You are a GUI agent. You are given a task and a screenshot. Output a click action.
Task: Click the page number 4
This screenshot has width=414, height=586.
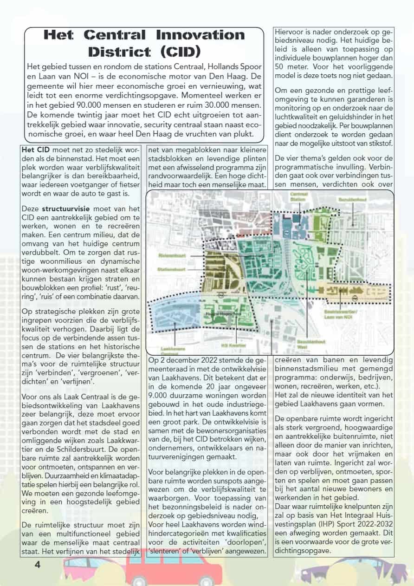(38, 564)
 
